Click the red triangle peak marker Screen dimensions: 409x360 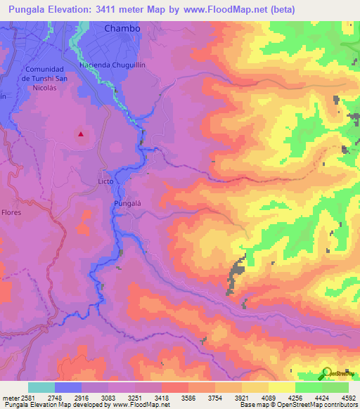(x=81, y=134)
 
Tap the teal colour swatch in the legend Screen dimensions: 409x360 (x=41, y=387)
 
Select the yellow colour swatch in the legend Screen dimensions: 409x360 (x=281, y=387)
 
